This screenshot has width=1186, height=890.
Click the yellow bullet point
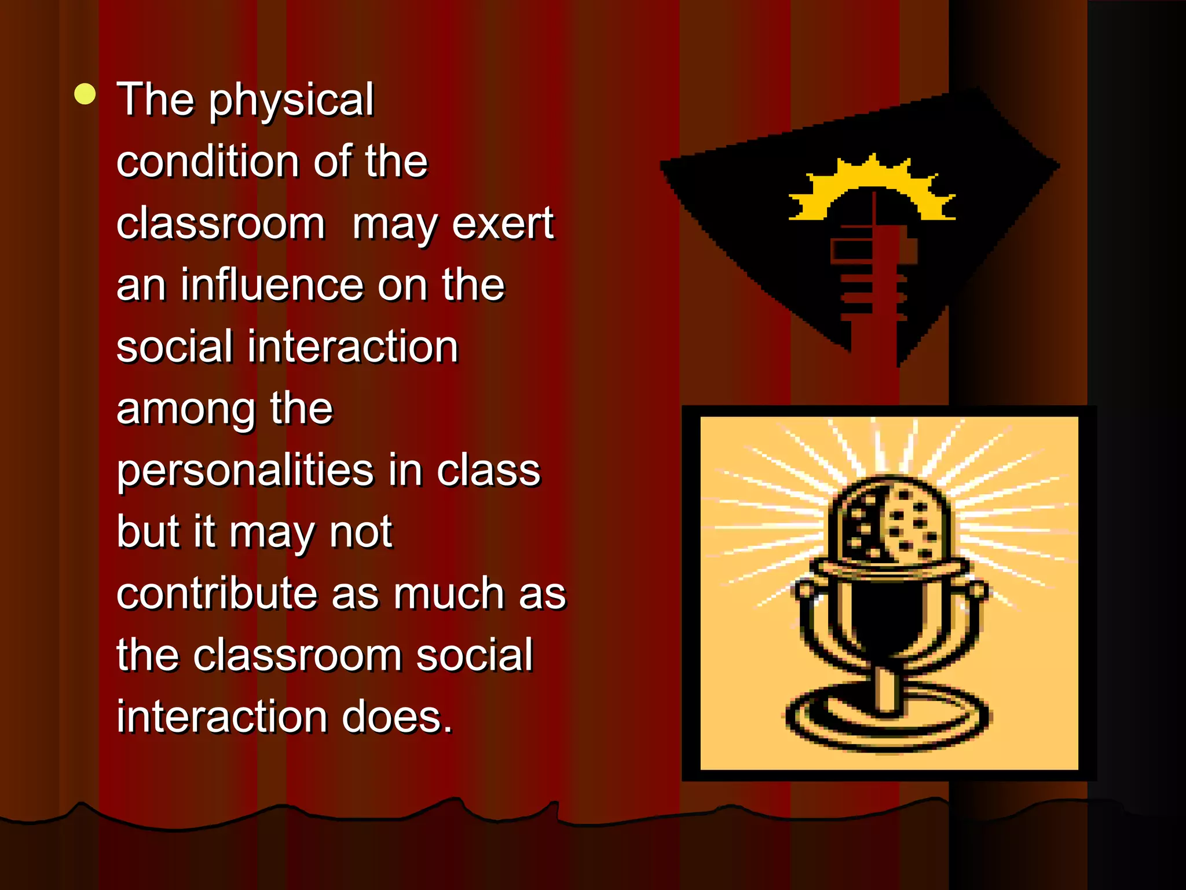click(x=85, y=94)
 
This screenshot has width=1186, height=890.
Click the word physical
click(x=291, y=100)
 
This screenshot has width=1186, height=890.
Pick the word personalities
click(x=246, y=470)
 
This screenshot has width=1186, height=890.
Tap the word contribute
click(x=217, y=594)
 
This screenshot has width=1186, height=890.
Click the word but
click(x=148, y=532)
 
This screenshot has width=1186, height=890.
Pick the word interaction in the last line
click(x=221, y=717)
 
